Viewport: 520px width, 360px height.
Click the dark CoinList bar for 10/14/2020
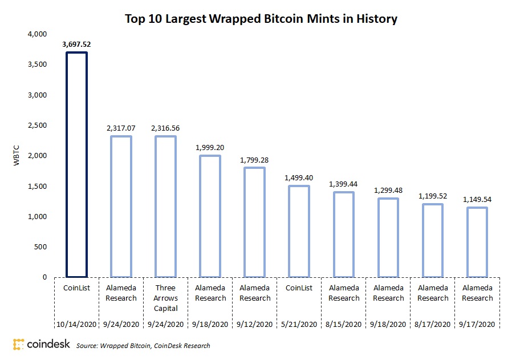(76, 165)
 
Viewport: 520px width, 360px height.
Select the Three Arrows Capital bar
(166, 207)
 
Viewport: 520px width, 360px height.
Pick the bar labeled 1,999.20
(210, 216)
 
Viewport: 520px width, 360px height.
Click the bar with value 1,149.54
(478, 242)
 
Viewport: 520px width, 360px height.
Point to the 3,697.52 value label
(77, 43)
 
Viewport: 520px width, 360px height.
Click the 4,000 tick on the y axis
(37, 34)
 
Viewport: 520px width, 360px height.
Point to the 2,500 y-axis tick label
(37, 126)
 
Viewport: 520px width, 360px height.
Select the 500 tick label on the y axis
(40, 247)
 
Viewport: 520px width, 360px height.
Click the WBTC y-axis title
(17, 156)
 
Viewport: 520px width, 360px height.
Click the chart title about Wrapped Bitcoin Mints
(261, 19)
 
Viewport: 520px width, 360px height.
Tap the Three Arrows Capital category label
(166, 298)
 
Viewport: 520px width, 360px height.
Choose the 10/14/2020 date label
(77, 324)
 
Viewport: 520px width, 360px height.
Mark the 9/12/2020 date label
(255, 324)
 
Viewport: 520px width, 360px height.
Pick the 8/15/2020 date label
(344, 324)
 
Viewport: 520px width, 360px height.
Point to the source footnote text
(143, 345)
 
